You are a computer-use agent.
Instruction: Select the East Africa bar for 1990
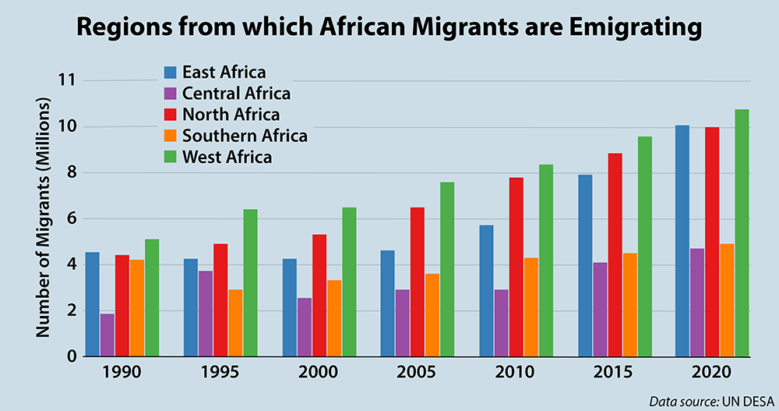pos(93,304)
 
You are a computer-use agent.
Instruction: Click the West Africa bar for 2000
pos(348,282)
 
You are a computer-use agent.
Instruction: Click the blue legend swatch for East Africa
pos(170,73)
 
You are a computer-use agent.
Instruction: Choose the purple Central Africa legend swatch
pos(170,94)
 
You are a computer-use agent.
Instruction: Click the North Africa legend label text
pos(225,115)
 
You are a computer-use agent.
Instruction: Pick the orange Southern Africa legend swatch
pos(170,136)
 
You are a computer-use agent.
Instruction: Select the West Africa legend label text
pos(227,157)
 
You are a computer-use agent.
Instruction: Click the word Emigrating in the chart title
pos(616,29)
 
